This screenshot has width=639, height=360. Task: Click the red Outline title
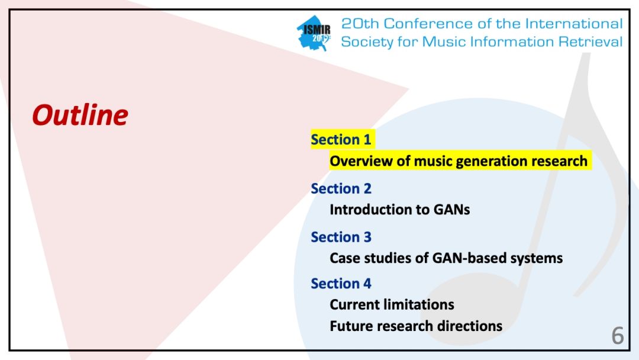pyautogui.click(x=80, y=115)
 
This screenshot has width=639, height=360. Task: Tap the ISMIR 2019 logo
pyautogui.click(x=314, y=34)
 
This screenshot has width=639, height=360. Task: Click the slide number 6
pyautogui.click(x=617, y=336)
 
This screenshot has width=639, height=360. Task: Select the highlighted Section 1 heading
pyautogui.click(x=341, y=140)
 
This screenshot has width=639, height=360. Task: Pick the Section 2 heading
pyautogui.click(x=341, y=189)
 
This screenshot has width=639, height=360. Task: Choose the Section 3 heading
pyautogui.click(x=341, y=237)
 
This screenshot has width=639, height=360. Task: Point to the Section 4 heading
pyautogui.click(x=341, y=284)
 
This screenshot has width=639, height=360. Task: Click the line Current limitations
pyautogui.click(x=392, y=305)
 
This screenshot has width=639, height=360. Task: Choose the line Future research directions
pyautogui.click(x=416, y=326)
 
